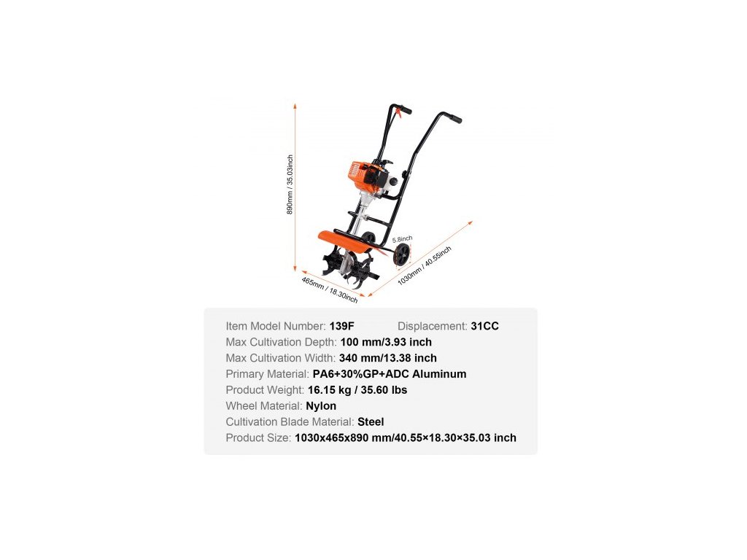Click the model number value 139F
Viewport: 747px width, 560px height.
[341, 326]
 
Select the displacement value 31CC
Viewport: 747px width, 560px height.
[484, 326]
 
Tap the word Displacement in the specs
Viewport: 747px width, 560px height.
[432, 326]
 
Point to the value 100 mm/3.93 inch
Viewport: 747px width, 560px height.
[386, 342]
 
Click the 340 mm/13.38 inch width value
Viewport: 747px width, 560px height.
[388, 358]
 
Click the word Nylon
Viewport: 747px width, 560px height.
[321, 406]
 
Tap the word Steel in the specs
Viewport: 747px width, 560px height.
[371, 422]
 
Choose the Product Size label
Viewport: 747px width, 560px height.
[258, 438]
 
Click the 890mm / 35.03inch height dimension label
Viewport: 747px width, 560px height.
[290, 184]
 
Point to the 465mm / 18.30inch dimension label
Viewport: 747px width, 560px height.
[330, 289]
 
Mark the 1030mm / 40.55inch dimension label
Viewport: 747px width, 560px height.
[425, 265]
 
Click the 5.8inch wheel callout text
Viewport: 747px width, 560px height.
[402, 238]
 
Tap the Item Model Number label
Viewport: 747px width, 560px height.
[276, 326]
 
